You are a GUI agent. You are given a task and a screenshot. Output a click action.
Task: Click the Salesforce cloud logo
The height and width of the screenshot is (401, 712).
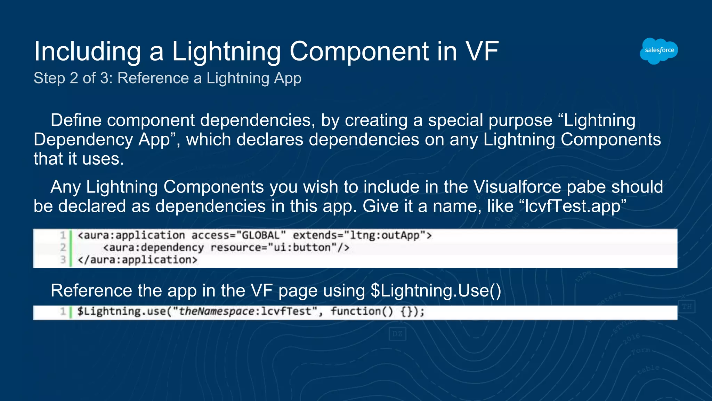(659, 51)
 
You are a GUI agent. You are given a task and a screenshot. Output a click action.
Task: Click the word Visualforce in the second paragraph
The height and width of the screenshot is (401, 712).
(517, 187)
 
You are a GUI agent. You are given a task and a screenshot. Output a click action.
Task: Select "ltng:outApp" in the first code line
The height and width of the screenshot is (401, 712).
(385, 235)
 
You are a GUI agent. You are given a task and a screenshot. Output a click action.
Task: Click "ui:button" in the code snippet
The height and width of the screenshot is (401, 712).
(302, 247)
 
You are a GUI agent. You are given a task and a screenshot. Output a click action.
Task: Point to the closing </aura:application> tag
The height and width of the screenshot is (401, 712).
(138, 260)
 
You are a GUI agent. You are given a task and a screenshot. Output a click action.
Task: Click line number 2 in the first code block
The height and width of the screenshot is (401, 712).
(63, 247)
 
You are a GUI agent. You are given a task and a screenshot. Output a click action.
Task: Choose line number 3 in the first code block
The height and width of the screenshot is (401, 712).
(63, 260)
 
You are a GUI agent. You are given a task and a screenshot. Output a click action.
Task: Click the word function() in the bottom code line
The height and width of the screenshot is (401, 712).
(362, 311)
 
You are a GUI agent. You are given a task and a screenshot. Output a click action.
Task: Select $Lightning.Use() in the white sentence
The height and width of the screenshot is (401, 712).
(436, 291)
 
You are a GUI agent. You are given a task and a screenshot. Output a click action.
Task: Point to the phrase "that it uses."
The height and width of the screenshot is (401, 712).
(79, 159)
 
